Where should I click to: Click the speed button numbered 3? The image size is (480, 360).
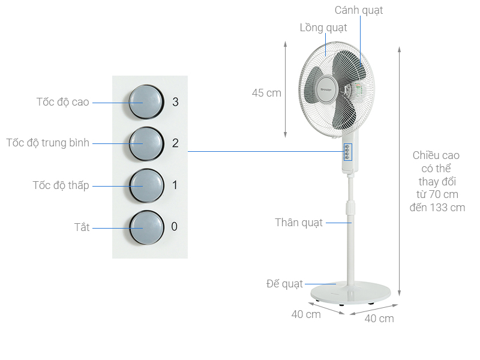pos(146,102)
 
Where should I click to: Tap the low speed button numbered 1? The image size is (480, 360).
pos(146,185)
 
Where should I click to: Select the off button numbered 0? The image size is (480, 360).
pos(146,227)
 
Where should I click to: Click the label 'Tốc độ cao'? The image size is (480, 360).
pos(62,102)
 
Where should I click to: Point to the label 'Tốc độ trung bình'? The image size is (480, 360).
pos(48,143)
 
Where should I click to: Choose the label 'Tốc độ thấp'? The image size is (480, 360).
pos(61,185)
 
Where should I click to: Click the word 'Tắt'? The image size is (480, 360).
pos(82,227)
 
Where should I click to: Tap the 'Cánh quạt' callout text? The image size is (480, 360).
pos(358,10)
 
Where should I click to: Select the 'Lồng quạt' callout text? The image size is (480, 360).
pos(323,28)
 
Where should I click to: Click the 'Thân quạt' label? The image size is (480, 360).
pos(299,223)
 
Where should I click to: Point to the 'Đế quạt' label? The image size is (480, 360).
pos(285,283)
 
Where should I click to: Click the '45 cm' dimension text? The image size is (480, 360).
pos(266,93)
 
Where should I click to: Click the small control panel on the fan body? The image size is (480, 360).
pos(347,152)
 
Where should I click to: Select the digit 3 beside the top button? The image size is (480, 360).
pos(175,102)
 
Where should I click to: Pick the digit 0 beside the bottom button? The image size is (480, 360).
pos(175,227)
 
